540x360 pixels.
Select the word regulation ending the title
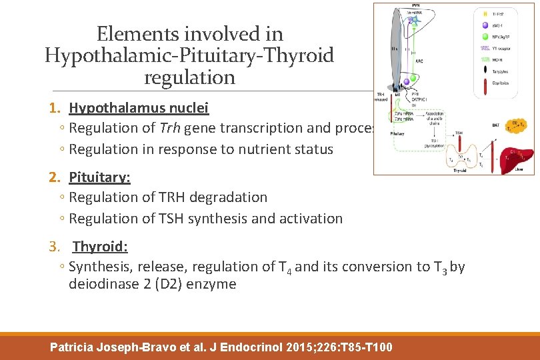pos(189,77)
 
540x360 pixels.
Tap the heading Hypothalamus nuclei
pos(139,108)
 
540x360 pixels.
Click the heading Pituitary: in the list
pos(99,177)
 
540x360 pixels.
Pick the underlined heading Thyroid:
pos(100,247)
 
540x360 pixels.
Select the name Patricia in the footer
pos(74,347)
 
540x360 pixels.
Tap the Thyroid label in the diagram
pos(460,171)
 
